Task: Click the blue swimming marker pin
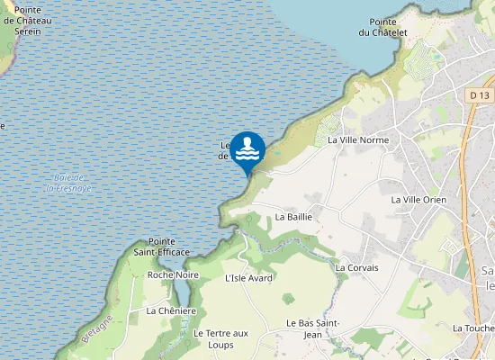247,149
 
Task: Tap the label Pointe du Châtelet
382,27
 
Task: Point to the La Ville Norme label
358,140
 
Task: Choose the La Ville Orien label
418,199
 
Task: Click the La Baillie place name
293,217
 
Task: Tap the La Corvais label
356,267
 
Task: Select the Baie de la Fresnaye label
69,183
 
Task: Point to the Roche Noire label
173,274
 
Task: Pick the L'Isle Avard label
248,278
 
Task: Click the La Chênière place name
171,310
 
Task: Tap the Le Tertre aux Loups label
220,338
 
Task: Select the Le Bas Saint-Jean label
310,328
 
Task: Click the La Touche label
473,328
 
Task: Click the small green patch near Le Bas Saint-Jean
288,298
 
